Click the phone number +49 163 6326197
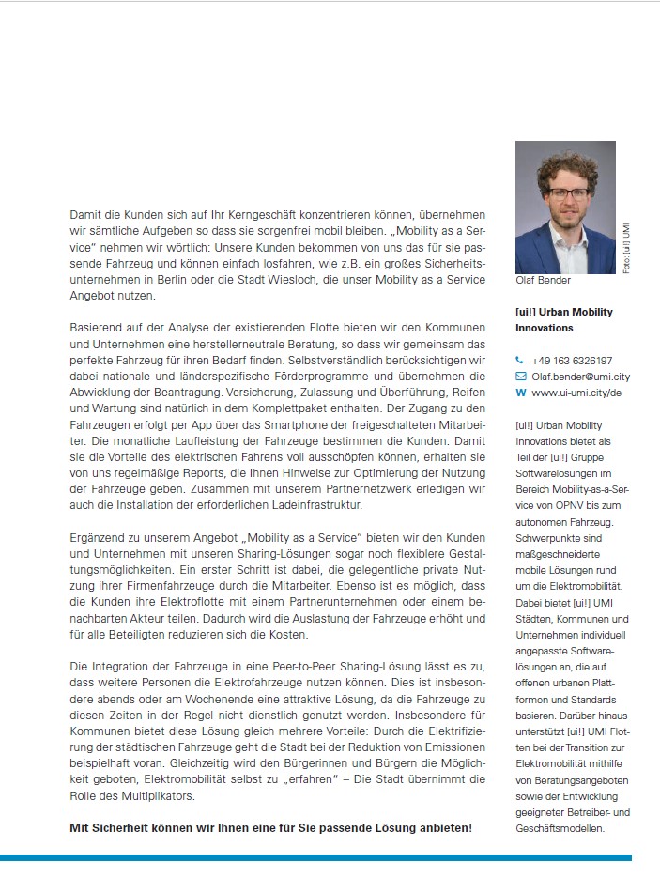point(572,360)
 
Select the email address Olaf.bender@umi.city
point(580,377)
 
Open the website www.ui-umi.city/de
point(576,393)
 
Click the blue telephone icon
point(520,360)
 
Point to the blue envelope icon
point(521,377)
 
